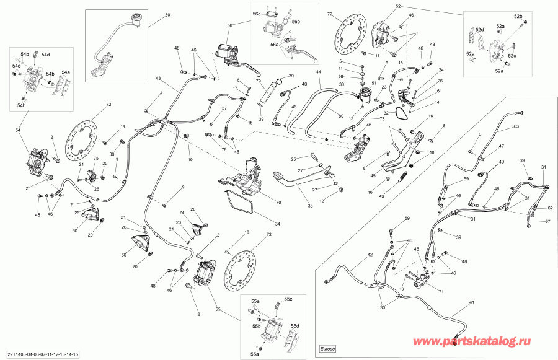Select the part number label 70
[278, 201]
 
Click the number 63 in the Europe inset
[516, 126]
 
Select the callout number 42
[370, 255]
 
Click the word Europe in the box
[328, 349]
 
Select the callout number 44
[318, 73]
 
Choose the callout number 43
[157, 79]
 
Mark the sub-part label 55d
[295, 327]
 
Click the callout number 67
[547, 221]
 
